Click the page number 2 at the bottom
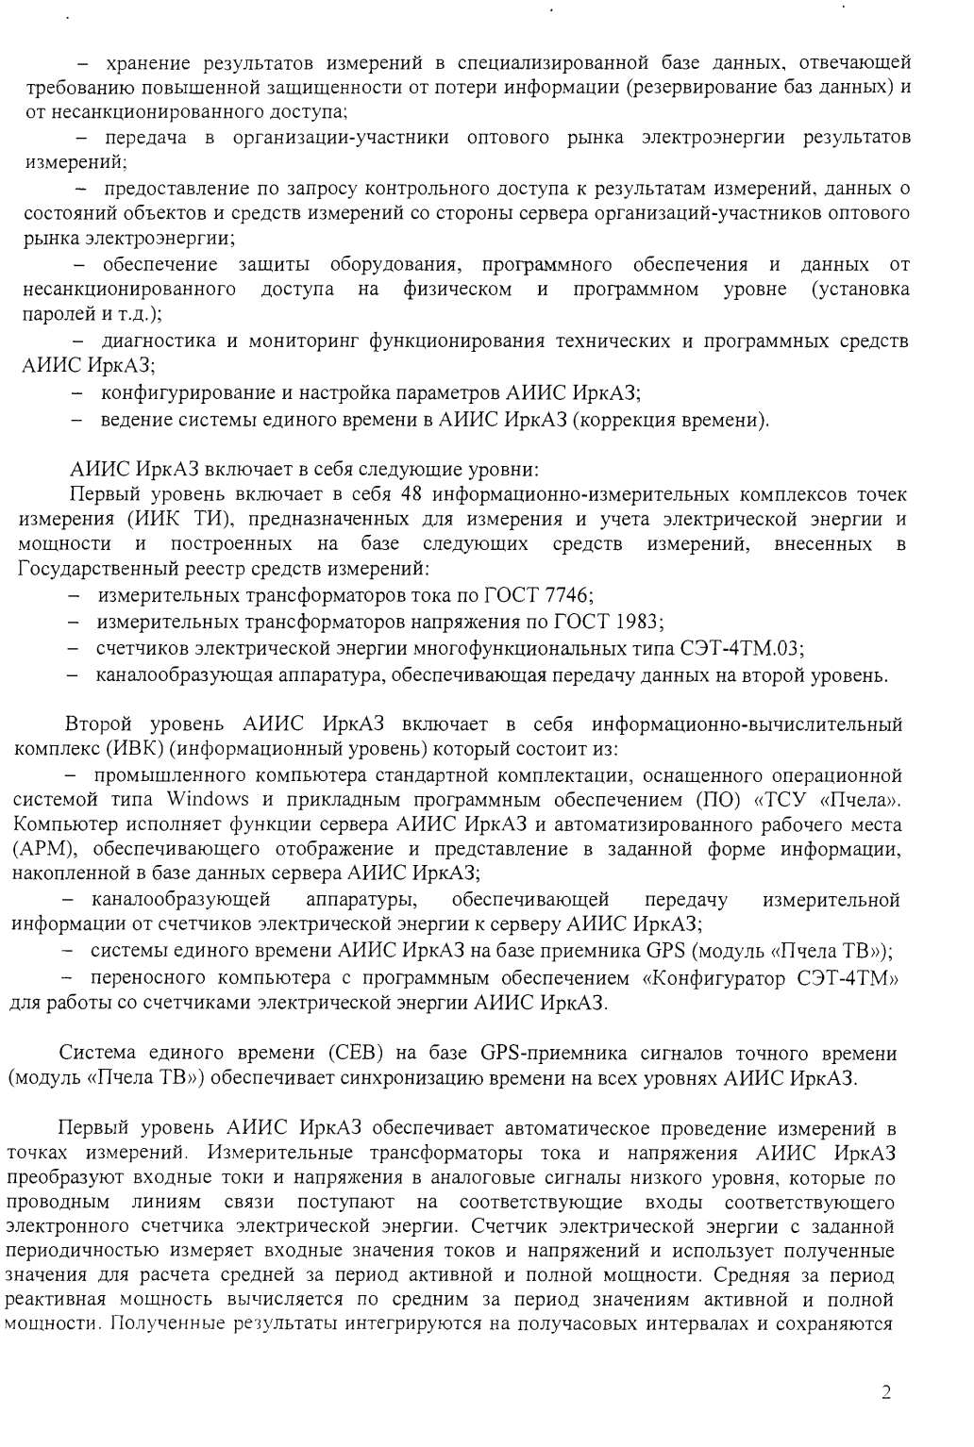885,1393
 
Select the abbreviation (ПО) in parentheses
714,801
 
